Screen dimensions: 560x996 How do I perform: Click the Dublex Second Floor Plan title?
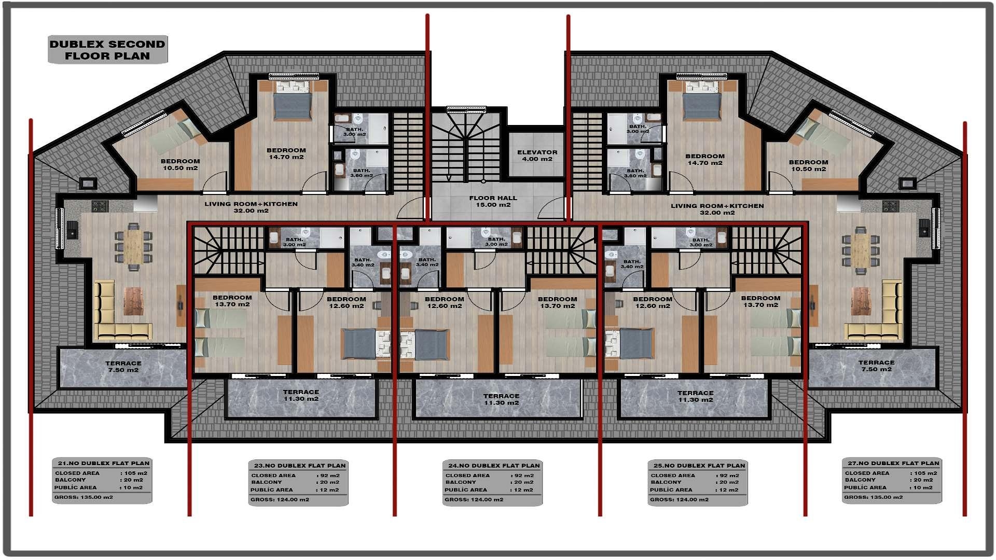(x=107, y=50)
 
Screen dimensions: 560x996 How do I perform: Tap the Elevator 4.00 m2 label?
(x=537, y=156)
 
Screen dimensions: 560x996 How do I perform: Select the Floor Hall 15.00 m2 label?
(x=493, y=201)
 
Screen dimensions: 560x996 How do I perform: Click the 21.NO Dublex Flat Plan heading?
(x=103, y=463)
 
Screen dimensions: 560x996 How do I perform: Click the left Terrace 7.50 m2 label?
(x=123, y=367)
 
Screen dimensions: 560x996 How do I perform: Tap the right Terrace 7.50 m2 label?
(x=876, y=366)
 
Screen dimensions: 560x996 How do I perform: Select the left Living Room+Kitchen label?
(x=251, y=207)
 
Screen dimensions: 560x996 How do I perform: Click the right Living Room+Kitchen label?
(x=717, y=209)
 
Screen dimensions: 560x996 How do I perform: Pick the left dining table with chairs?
(x=133, y=247)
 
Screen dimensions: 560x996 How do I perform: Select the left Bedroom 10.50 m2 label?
(x=180, y=164)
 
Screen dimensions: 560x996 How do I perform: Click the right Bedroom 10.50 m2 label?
(x=808, y=165)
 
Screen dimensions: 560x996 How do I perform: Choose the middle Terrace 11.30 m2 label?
(x=501, y=399)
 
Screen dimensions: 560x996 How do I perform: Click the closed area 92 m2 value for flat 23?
(x=330, y=475)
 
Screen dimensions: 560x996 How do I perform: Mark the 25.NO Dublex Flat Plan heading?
(x=699, y=465)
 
